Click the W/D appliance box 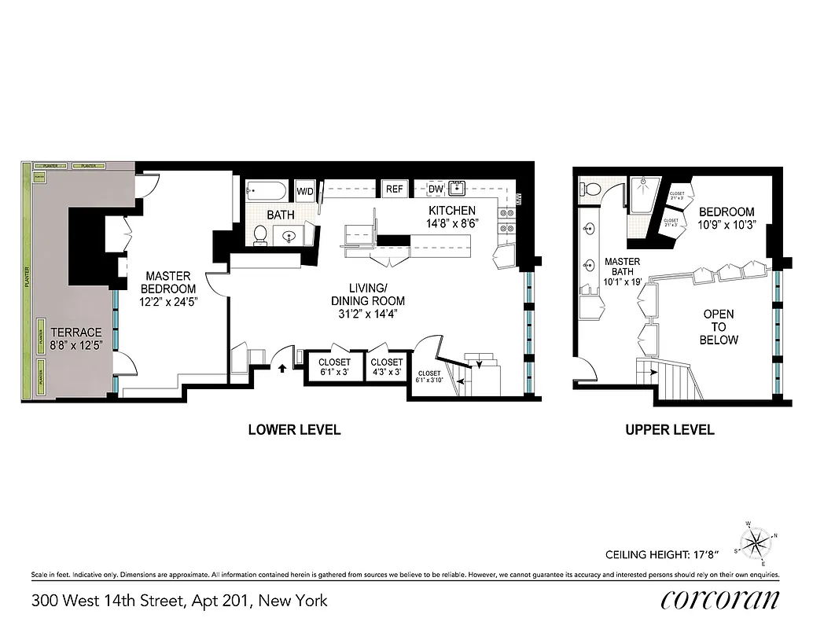(304, 190)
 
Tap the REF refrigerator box (394, 189)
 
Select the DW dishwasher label (436, 189)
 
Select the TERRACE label (76, 337)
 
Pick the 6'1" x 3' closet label (335, 367)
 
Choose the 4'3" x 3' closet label (386, 367)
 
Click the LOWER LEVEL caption (294, 429)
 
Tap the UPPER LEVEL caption (669, 429)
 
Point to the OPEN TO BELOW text (719, 327)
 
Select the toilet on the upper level (591, 188)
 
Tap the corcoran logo (720, 599)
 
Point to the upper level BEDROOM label (727, 218)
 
